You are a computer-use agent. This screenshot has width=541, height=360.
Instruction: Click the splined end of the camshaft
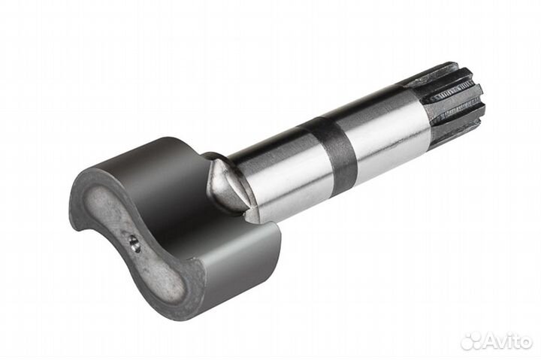pyautogui.click(x=455, y=101)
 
